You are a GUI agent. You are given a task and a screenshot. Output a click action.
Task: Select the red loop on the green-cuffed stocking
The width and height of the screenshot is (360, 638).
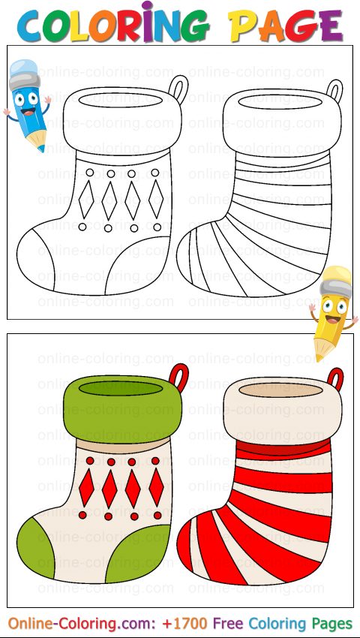179,375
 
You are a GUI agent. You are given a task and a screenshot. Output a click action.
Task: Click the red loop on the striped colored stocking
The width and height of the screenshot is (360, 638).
336,378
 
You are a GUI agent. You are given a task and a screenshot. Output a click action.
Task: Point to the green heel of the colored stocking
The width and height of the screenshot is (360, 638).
137,553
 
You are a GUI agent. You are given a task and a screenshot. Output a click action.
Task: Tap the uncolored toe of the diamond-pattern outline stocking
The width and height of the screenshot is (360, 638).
35,260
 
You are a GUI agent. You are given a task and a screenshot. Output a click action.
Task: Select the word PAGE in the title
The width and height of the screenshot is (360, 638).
286,26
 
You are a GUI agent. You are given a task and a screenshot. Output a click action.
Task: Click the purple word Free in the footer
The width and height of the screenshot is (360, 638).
228,623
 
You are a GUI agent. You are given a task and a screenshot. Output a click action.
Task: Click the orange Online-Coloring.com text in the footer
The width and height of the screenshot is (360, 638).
79,624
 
